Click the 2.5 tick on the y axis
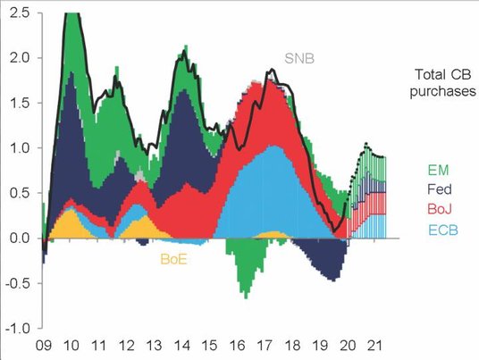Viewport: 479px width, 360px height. click(19, 13)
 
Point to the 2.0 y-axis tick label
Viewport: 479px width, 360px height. click(19, 58)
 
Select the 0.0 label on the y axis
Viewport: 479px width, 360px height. click(19, 238)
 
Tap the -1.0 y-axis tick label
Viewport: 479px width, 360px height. click(16, 328)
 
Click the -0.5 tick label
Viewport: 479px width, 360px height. click(16, 283)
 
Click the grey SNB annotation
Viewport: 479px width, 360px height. click(302, 60)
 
